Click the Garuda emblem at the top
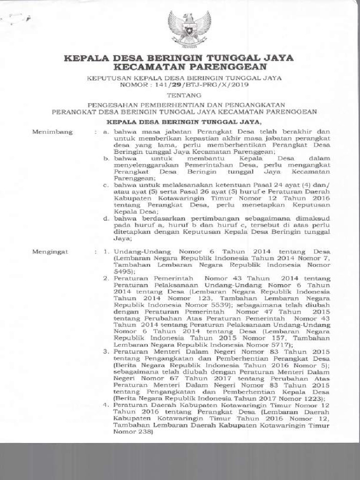click(x=190, y=28)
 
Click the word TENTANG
click(x=180, y=95)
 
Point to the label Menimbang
click(x=52, y=132)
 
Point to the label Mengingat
click(x=50, y=252)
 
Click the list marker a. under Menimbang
click(x=106, y=132)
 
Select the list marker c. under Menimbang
click(x=106, y=186)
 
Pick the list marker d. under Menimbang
click(x=106, y=218)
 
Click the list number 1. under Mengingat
click(x=106, y=252)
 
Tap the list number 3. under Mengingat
click(x=106, y=351)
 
